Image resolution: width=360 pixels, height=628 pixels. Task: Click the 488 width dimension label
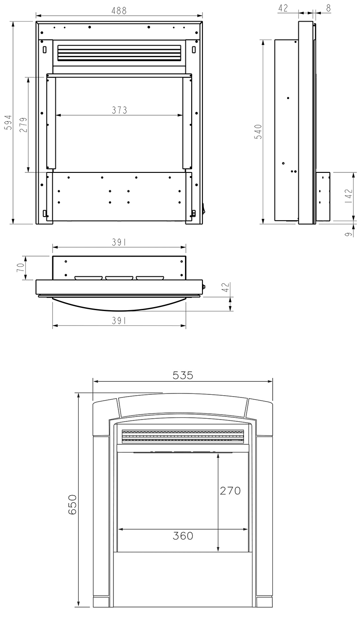coord(119,10)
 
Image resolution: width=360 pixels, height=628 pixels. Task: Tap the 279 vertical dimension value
coord(23,125)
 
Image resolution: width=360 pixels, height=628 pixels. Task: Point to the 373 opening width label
coord(119,110)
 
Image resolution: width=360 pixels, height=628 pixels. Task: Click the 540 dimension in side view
coord(258,131)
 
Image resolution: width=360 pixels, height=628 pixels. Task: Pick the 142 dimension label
coord(349,196)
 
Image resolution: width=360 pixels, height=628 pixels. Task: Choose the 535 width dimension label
coord(182,375)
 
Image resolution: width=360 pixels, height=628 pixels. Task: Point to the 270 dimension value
coord(230,491)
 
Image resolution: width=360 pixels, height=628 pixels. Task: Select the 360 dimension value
coord(183,536)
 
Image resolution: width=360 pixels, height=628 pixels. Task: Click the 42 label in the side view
coord(283,8)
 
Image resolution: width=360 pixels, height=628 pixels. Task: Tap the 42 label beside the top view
coord(226,288)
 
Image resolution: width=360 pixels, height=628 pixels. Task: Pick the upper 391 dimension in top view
coord(119,242)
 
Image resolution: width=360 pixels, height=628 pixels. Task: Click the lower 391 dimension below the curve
coord(119,320)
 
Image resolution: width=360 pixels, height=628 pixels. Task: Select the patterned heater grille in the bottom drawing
coord(183,436)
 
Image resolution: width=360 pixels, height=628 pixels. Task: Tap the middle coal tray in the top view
coord(119,278)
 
